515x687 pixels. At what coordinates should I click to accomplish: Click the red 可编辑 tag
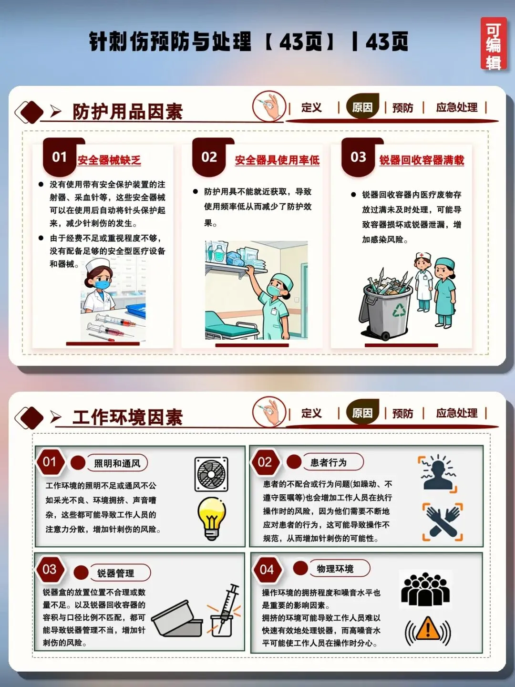pos(493,44)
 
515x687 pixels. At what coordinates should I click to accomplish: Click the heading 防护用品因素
pos(128,112)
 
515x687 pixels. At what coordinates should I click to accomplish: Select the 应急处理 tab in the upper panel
pos(456,107)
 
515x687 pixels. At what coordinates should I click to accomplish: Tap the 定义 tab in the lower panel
pos(311,413)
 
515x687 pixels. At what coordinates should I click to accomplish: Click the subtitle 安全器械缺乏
pos(109,160)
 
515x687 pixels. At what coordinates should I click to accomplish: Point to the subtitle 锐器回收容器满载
pos(422,160)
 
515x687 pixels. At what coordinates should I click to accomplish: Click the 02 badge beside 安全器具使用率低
pos(209,157)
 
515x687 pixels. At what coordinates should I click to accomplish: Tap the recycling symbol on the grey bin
pos(399,310)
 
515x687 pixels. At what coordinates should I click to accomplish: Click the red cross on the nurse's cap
pos(422,255)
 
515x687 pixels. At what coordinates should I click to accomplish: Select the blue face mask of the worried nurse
pos(103,284)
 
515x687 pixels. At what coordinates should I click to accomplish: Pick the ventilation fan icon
pos(211,475)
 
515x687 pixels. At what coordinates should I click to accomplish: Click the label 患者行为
pos(329,463)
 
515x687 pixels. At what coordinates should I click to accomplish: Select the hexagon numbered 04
pos(267,570)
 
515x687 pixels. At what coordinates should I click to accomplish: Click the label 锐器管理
pos(116,573)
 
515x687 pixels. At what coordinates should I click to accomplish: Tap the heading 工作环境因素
pos(128,417)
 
